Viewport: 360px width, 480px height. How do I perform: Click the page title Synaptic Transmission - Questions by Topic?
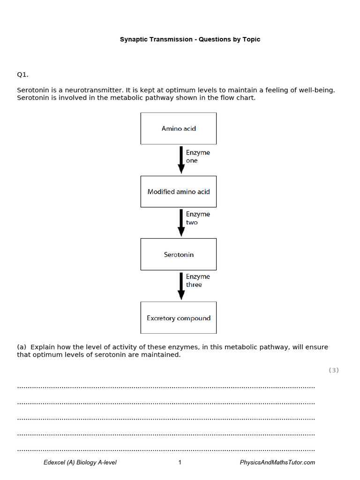click(x=190, y=39)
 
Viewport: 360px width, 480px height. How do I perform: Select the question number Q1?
click(x=23, y=74)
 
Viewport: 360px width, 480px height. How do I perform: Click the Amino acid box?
click(x=179, y=128)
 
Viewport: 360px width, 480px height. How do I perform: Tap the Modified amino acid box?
click(x=179, y=192)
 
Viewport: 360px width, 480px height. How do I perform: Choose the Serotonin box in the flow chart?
click(x=179, y=255)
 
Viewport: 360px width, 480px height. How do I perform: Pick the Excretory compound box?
click(x=179, y=318)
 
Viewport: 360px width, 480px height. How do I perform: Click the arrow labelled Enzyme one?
click(x=181, y=160)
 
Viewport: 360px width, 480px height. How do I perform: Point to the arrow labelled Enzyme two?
click(x=181, y=223)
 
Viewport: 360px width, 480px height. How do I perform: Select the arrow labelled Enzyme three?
click(x=181, y=286)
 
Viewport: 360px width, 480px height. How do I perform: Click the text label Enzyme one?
click(x=198, y=157)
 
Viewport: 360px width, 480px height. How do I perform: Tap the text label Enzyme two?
click(x=198, y=218)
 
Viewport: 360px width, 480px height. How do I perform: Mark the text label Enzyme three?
click(x=198, y=280)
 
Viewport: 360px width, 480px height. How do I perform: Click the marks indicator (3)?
click(x=333, y=370)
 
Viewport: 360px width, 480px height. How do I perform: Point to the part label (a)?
click(x=22, y=347)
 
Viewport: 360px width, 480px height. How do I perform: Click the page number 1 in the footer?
click(x=180, y=463)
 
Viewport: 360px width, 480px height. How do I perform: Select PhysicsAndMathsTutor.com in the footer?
click(x=277, y=463)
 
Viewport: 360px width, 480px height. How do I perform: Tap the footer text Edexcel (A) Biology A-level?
click(x=80, y=463)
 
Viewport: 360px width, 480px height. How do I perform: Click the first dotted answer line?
click(x=166, y=387)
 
